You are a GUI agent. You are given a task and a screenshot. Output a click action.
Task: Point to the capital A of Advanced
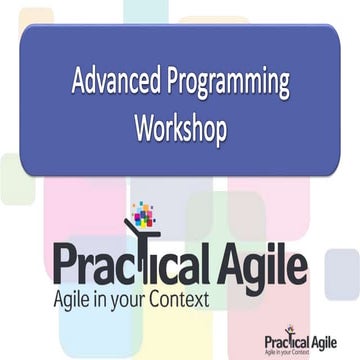78,84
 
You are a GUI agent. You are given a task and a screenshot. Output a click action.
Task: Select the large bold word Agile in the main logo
261,264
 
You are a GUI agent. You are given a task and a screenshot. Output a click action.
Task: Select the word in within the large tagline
108,298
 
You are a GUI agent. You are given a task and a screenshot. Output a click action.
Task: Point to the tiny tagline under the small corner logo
300,350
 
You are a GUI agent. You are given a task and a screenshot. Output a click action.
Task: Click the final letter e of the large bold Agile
297,266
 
